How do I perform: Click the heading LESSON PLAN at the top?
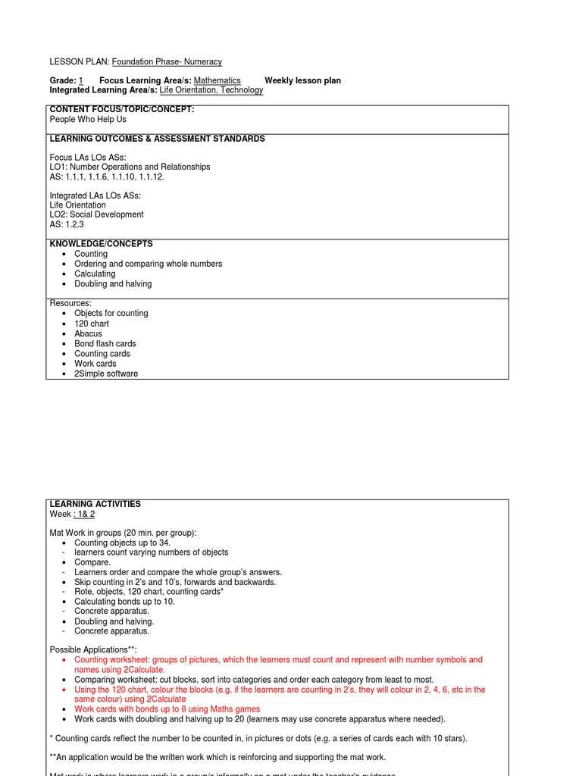80,61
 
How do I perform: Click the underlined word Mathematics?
217,80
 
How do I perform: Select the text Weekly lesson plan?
302,80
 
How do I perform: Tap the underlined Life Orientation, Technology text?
211,90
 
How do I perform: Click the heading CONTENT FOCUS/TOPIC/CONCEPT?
122,110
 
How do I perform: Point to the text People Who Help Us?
88,120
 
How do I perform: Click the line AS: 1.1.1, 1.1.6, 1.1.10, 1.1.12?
107,177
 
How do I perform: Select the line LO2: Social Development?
96,214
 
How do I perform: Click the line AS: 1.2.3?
67,224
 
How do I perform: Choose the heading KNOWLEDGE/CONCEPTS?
101,244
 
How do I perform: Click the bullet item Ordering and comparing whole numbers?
149,264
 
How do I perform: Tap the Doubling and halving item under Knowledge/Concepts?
113,284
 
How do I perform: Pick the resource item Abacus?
88,333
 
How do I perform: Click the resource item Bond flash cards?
105,343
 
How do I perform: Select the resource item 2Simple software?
106,374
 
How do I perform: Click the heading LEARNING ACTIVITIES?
95,504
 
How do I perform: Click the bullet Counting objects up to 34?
122,543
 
